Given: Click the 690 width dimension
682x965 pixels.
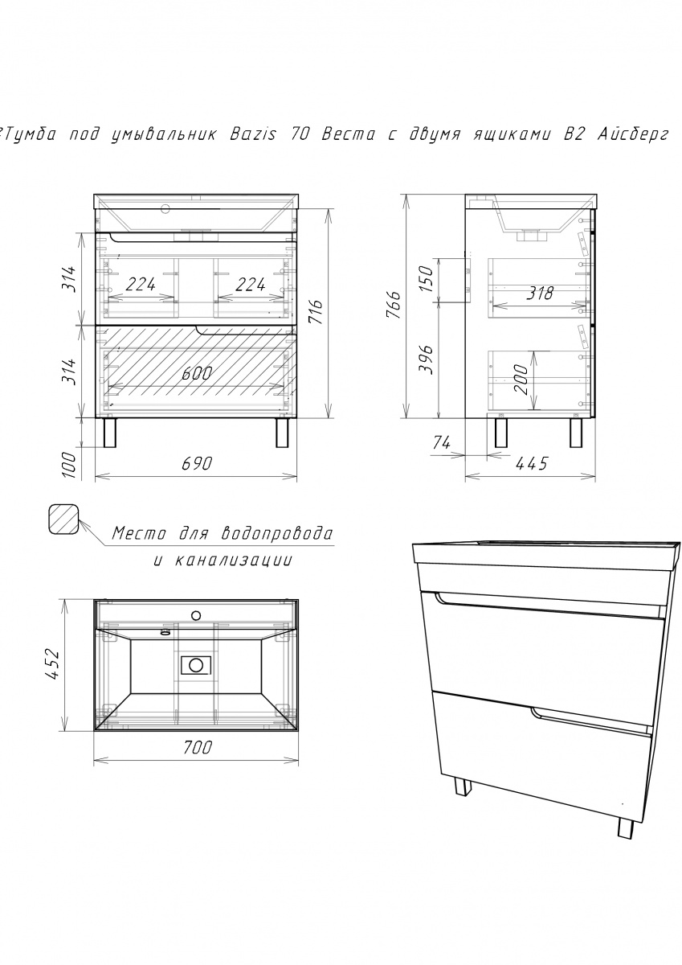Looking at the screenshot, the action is point(197,464).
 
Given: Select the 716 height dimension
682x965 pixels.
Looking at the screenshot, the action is point(316,312).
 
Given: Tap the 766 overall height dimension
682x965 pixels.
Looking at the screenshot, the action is point(394,305).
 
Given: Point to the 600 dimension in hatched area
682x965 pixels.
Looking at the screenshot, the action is point(197,373).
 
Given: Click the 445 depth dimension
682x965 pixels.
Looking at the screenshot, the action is point(532,463).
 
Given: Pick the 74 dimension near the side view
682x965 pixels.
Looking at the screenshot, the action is point(442,442).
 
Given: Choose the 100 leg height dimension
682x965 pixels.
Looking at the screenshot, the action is point(69,466).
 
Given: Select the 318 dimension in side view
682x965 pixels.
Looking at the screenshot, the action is point(540,294).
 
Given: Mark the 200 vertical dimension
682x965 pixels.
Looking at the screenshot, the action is point(521,380).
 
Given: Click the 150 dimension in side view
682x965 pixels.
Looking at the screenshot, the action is point(425,279).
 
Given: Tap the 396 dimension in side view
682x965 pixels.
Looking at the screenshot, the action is point(425,359).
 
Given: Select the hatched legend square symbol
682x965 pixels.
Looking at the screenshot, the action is point(63,519).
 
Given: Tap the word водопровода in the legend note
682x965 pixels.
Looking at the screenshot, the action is point(276,534).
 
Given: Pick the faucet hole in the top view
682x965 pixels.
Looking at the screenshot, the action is point(196,615).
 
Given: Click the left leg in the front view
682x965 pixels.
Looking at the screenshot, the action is point(110,433).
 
